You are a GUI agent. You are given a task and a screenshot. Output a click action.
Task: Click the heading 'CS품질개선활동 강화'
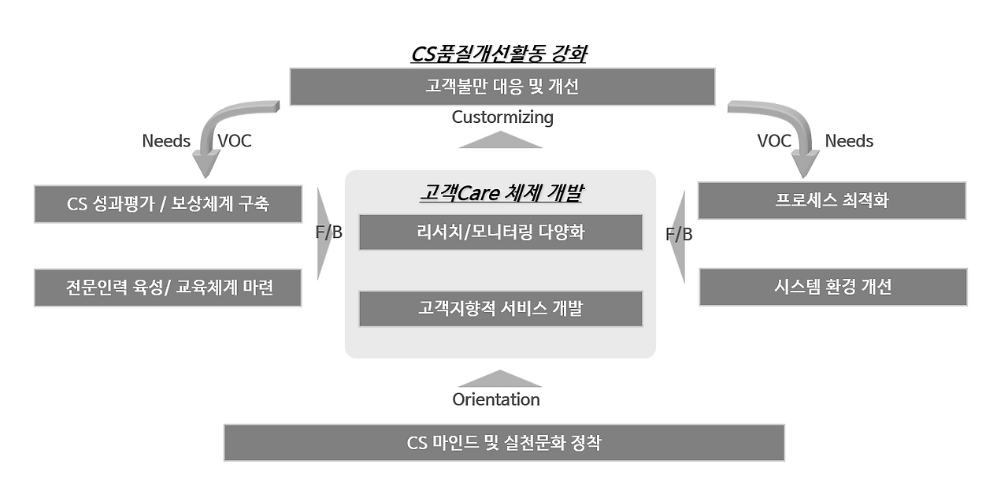point(501,54)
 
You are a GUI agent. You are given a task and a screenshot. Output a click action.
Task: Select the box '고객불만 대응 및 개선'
point(502,87)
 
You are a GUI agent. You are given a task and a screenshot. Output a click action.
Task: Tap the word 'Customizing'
point(502,117)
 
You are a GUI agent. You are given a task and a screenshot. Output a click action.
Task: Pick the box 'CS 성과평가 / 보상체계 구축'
point(168,204)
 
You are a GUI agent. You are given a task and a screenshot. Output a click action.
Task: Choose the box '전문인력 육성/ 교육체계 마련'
point(168,288)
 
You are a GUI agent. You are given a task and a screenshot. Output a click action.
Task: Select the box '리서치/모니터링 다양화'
point(501,232)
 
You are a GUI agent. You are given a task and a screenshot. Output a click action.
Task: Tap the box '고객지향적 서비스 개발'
point(501,309)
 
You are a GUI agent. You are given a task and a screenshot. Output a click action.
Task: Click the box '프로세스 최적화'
point(832,200)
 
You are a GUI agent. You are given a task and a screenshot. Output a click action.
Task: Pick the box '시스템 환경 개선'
point(832,287)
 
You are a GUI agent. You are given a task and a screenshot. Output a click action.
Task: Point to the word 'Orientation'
point(496,400)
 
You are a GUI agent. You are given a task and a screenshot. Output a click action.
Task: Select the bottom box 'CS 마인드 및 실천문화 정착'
point(504,443)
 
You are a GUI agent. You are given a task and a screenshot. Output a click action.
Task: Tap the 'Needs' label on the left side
point(166,141)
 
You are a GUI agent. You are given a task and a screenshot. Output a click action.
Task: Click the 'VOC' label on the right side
point(774,141)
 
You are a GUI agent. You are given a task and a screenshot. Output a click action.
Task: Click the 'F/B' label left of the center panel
point(328,233)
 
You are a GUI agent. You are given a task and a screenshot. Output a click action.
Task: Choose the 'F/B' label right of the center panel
point(678,234)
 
